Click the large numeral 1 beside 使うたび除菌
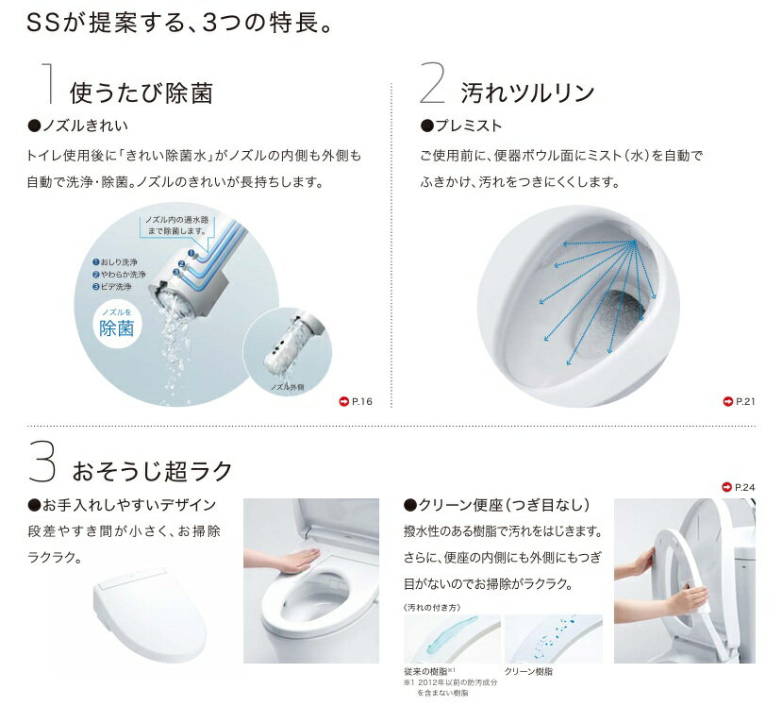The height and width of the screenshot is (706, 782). coord(48,83)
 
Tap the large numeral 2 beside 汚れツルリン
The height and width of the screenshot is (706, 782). coord(432,83)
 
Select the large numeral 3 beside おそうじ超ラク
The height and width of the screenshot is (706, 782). coord(42,460)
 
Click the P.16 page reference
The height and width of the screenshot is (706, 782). coord(356,401)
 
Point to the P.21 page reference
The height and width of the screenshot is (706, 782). coord(740,401)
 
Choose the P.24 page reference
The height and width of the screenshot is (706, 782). coord(739,487)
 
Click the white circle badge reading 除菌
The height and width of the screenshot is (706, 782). coord(117,325)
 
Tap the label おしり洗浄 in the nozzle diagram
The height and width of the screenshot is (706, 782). coord(115,262)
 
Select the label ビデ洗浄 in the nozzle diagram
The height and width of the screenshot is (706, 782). coord(112,286)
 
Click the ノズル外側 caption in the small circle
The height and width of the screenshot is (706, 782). coord(287,387)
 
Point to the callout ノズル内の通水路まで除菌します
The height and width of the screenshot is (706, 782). coord(177,226)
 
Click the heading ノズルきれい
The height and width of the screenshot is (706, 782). coord(78,126)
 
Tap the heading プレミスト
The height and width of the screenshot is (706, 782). coord(461,126)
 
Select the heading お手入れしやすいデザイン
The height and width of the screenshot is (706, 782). coord(123,505)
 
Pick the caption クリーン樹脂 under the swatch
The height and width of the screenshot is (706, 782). coord(528,672)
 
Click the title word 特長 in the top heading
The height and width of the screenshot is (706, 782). coord(293,23)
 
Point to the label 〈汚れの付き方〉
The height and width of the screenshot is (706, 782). coord(432,607)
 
